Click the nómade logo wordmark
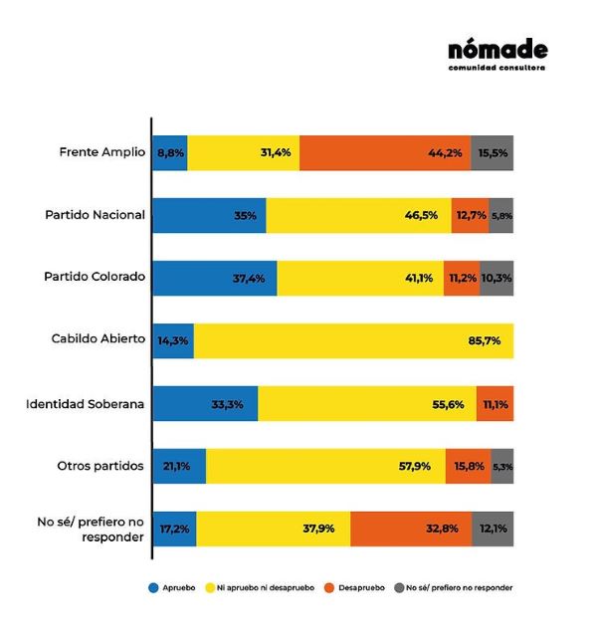pos(497,50)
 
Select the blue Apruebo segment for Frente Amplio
pos(170,152)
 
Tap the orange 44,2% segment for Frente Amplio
pos(385,152)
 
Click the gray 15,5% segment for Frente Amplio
pos(493,152)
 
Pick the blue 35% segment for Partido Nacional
pos(209,215)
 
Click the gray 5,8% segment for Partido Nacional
pos(501,215)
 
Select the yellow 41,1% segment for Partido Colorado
pos(378,278)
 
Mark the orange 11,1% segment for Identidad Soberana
pos(496,403)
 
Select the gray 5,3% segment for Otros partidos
pos(502,466)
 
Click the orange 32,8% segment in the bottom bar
pos(411,529)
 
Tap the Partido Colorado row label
pos(96,278)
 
